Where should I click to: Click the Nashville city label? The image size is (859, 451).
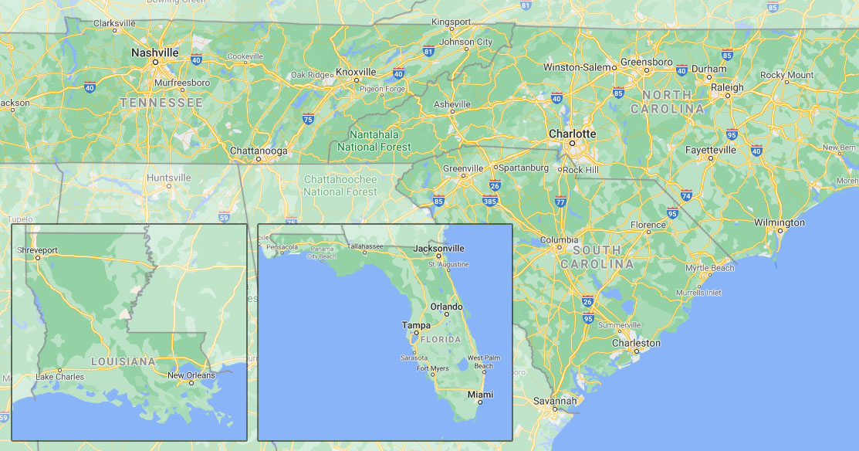(154, 53)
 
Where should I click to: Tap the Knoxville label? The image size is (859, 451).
(356, 72)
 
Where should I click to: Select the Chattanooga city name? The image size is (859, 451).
(259, 151)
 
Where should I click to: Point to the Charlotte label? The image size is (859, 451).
(572, 134)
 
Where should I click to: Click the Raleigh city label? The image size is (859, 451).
(727, 87)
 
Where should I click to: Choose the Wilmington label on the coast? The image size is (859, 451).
(780, 222)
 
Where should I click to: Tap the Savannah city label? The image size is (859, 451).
(554, 401)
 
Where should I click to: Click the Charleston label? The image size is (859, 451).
(636, 343)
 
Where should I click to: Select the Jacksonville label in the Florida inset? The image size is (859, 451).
(439, 249)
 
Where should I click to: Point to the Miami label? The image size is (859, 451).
(480, 395)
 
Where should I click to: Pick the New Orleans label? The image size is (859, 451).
(191, 375)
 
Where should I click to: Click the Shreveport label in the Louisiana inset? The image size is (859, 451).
(37, 250)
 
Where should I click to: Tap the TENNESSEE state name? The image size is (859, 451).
(161, 102)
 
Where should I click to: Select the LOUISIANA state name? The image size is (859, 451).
(123, 361)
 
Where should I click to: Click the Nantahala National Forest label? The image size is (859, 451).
(374, 141)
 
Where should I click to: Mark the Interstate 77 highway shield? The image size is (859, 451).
(560, 202)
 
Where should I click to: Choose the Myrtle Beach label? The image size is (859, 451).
(710, 268)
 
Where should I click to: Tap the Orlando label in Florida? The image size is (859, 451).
(446, 307)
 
